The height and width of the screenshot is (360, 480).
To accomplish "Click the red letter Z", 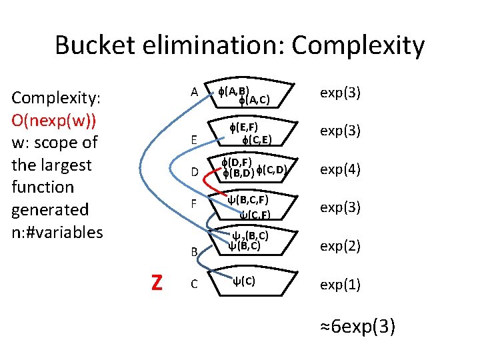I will click(x=157, y=283).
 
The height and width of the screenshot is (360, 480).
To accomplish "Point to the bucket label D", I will click(x=194, y=172).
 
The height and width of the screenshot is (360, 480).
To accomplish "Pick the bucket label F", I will click(x=194, y=201).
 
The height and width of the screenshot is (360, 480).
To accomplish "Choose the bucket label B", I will click(x=194, y=252).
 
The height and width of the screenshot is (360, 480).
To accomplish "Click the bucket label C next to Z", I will click(x=194, y=285).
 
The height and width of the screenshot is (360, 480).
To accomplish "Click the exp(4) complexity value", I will click(x=340, y=169).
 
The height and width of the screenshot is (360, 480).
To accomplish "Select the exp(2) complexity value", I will click(x=340, y=246).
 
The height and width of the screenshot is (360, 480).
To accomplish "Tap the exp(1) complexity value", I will click(x=340, y=285).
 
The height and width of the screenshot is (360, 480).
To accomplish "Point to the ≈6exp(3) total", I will click(x=358, y=327).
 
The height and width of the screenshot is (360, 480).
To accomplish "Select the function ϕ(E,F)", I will click(x=243, y=127).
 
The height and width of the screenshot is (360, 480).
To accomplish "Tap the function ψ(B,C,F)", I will click(x=248, y=199).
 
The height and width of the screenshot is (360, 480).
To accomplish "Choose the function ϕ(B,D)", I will click(x=237, y=174).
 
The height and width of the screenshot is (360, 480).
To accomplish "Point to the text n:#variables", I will click(x=57, y=232).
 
